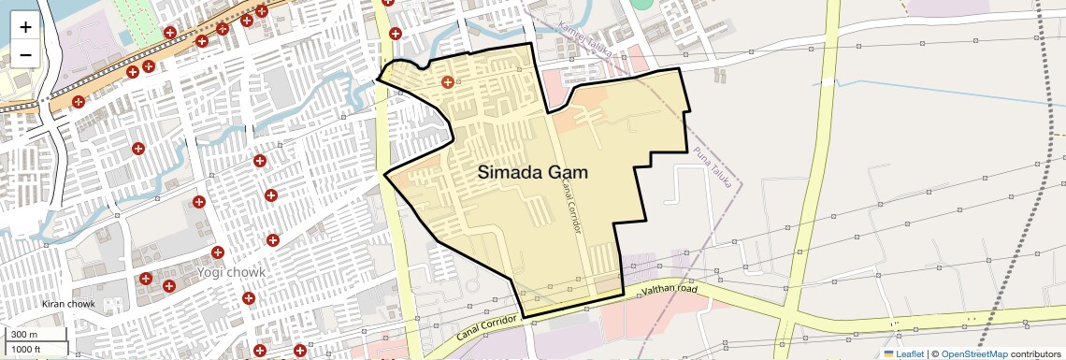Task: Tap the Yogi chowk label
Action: click(x=231, y=272)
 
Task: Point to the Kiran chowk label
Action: click(x=68, y=304)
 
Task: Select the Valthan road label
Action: click(x=671, y=292)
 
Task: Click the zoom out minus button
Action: click(x=25, y=54)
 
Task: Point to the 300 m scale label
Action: click(x=23, y=335)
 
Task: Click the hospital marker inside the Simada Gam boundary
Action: click(x=448, y=82)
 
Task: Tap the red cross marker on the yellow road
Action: click(x=396, y=34)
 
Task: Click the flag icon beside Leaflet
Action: click(x=888, y=353)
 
